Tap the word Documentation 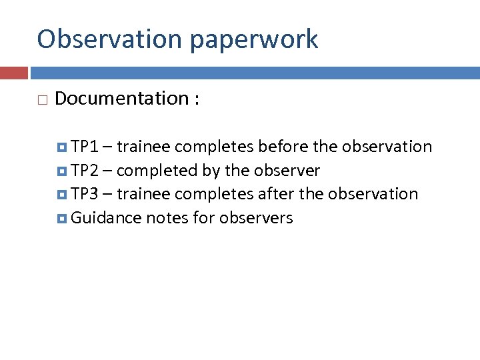pos(122,99)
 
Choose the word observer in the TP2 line pos(286,171)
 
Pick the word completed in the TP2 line pos(157,171)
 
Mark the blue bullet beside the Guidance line pos(63,218)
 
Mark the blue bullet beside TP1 pos(63,147)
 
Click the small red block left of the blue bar pos(13,73)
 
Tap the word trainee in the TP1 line pos(143,147)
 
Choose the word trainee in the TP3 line pos(143,194)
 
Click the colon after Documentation pos(197,100)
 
